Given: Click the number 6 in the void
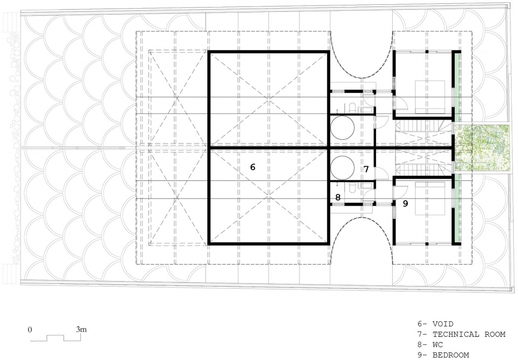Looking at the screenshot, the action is pos(253,167).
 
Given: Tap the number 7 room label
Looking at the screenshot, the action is pos(366,169).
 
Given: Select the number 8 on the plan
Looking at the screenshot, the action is pos(338,198).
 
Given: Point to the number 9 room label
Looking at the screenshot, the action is pos(405,203).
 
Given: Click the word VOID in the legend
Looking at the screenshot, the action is pos(443,324).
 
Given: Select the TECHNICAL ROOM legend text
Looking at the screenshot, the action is pos(469,334).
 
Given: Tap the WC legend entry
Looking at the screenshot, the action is pos(438,344).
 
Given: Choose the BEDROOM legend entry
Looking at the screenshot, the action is pos(451,355).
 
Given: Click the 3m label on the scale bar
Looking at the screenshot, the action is pos(81,329).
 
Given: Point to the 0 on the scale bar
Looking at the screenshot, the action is pos(30,330).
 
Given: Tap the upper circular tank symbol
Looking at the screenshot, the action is pos(343,127).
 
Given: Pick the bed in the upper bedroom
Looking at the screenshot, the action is pos(430,97).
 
